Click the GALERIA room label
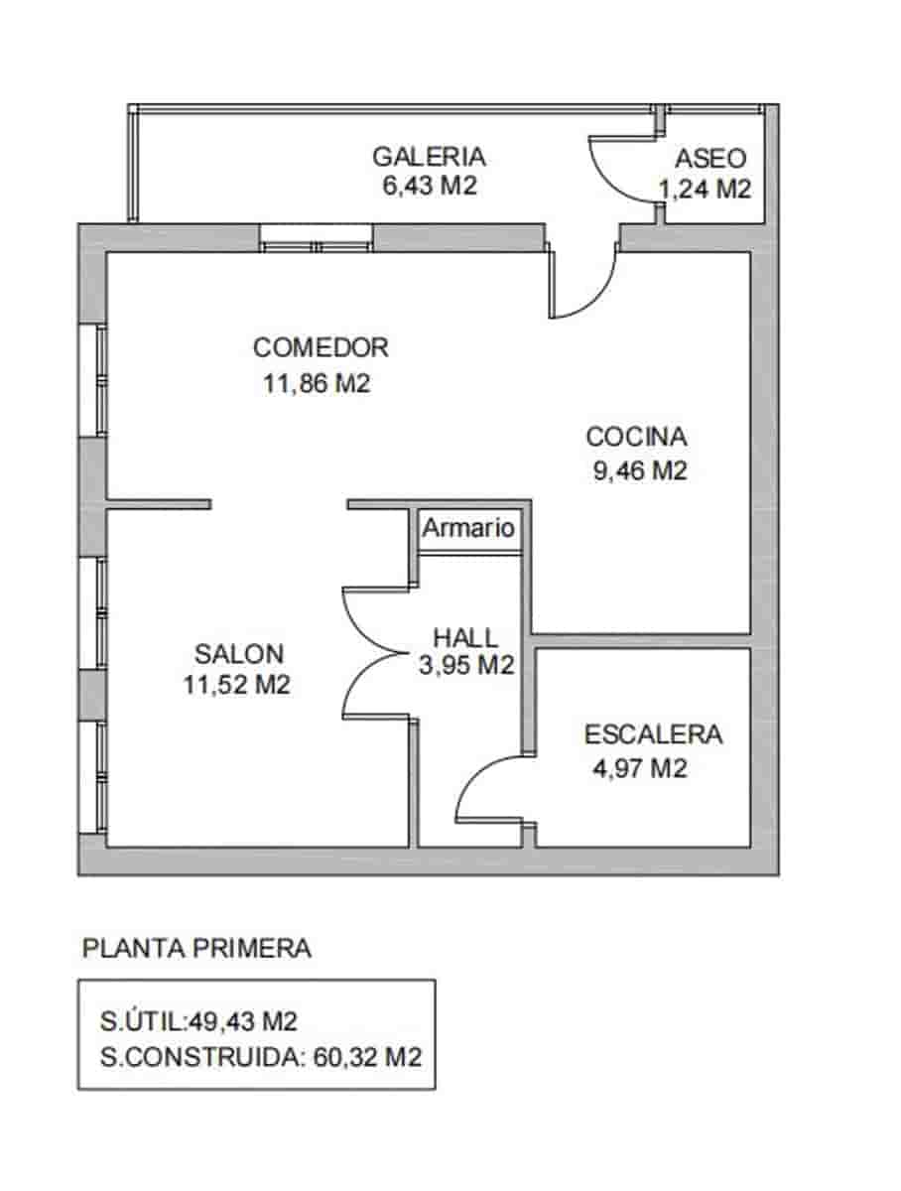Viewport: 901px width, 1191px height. coord(429,157)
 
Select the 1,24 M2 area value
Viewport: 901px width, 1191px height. coord(705,189)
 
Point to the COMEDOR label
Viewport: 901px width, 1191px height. coord(321,348)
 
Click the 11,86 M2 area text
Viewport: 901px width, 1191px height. coord(317,384)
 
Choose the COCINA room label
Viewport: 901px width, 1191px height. coord(636,437)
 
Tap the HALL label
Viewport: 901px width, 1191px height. coord(465,637)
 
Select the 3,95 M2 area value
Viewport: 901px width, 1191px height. coord(466,665)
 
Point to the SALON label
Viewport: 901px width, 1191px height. coord(239,654)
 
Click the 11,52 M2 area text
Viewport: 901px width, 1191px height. coord(237,684)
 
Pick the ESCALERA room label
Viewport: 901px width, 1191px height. coord(653,735)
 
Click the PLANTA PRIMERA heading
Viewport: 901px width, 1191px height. coord(196,949)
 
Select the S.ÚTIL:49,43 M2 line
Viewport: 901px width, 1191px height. coord(199,1021)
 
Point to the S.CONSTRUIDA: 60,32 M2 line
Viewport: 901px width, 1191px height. coord(261,1057)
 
